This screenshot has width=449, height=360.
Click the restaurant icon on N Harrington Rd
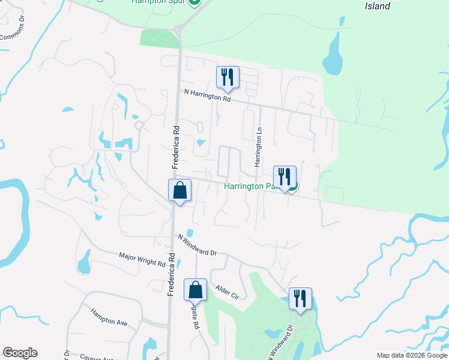tap(228, 77)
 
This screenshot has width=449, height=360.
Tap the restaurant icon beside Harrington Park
tap(285, 176)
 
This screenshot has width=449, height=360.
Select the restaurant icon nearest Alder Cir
tap(300, 298)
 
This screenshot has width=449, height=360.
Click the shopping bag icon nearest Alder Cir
tap(196, 290)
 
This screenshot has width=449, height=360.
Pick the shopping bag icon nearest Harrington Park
tap(179, 190)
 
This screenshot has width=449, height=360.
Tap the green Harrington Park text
tap(249, 186)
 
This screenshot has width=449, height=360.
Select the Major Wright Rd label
tap(142, 259)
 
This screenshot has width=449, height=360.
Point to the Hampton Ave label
tap(109, 317)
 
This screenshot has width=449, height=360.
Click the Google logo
tap(20, 353)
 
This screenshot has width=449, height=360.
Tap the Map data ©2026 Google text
tap(412, 355)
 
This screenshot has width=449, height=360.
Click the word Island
tap(378, 6)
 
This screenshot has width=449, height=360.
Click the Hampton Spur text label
tap(158, 2)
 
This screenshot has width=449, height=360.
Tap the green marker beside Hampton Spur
tap(194, 2)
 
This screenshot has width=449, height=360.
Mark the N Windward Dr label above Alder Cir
tap(197, 245)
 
